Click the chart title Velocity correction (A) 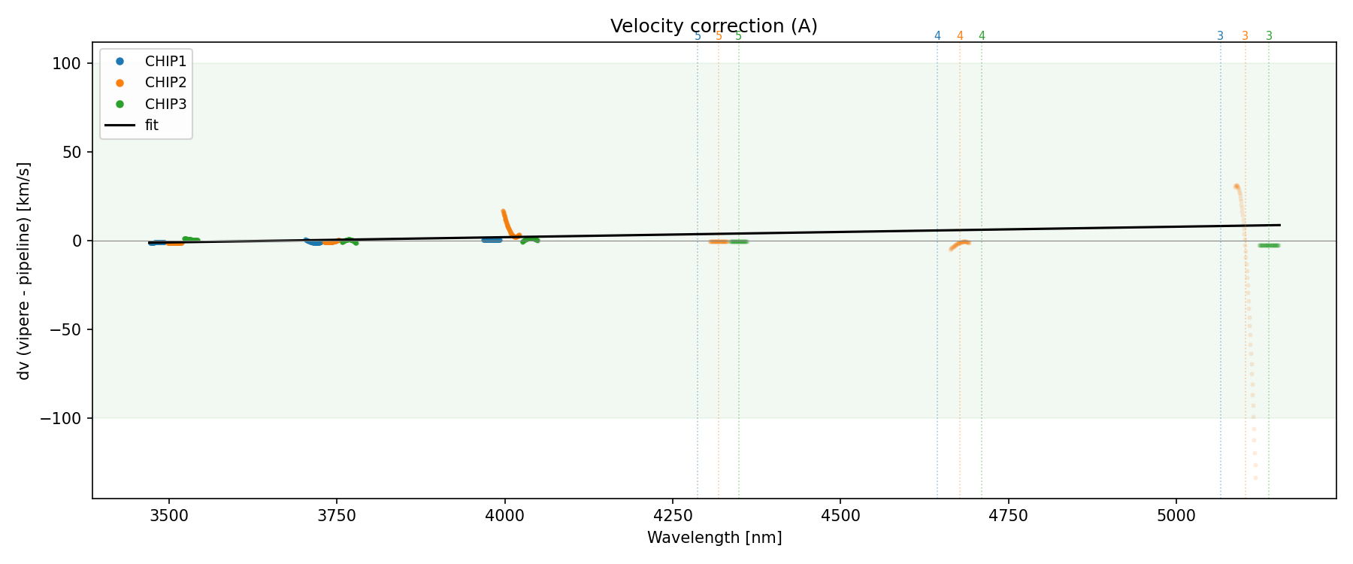[713, 26]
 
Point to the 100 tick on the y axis [66, 64]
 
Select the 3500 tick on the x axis [169, 516]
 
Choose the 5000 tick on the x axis [1176, 516]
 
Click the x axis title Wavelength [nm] [714, 538]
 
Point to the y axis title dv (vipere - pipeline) [24, 271]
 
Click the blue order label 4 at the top [937, 36]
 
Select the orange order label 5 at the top [719, 36]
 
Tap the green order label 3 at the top [1269, 36]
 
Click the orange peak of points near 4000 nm [503, 212]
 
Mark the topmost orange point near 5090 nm [1236, 186]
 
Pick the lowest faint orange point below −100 [1255, 478]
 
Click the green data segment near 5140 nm [1269, 245]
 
